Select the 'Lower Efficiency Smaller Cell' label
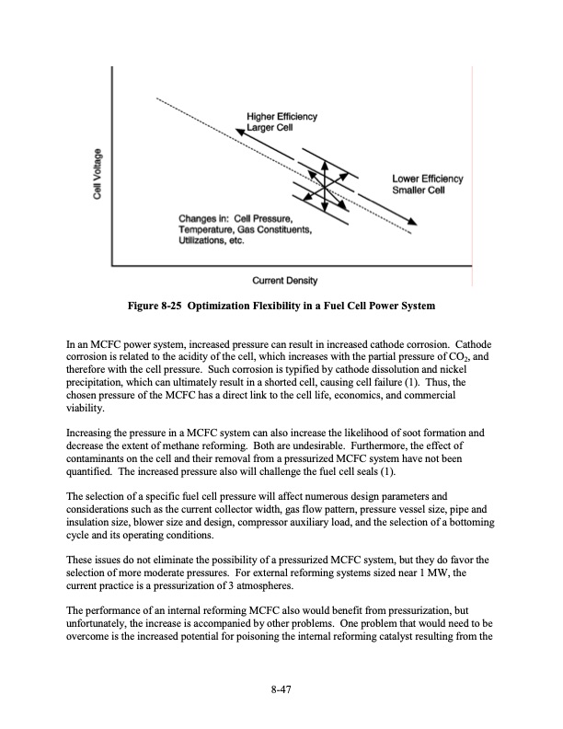click(x=427, y=184)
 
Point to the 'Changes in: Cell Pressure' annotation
click(x=241, y=225)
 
